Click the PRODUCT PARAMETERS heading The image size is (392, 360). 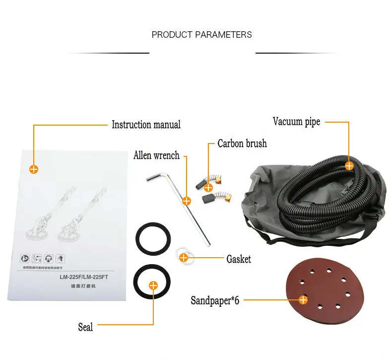tap(201, 35)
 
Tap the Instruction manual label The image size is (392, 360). tap(146, 125)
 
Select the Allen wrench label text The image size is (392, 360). tap(156, 155)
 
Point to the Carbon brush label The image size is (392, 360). tap(242, 144)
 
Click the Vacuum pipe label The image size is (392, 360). tap(296, 122)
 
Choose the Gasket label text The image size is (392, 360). tap(239, 259)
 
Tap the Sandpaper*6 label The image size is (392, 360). tap(215, 301)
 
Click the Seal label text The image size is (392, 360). tap(85, 327)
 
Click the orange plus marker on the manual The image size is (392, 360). tap(34, 169)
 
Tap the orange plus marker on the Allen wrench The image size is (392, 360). tap(187, 201)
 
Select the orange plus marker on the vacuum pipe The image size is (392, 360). tap(349, 165)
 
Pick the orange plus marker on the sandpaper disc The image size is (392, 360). tap(303, 299)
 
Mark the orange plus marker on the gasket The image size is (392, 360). tap(183, 257)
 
